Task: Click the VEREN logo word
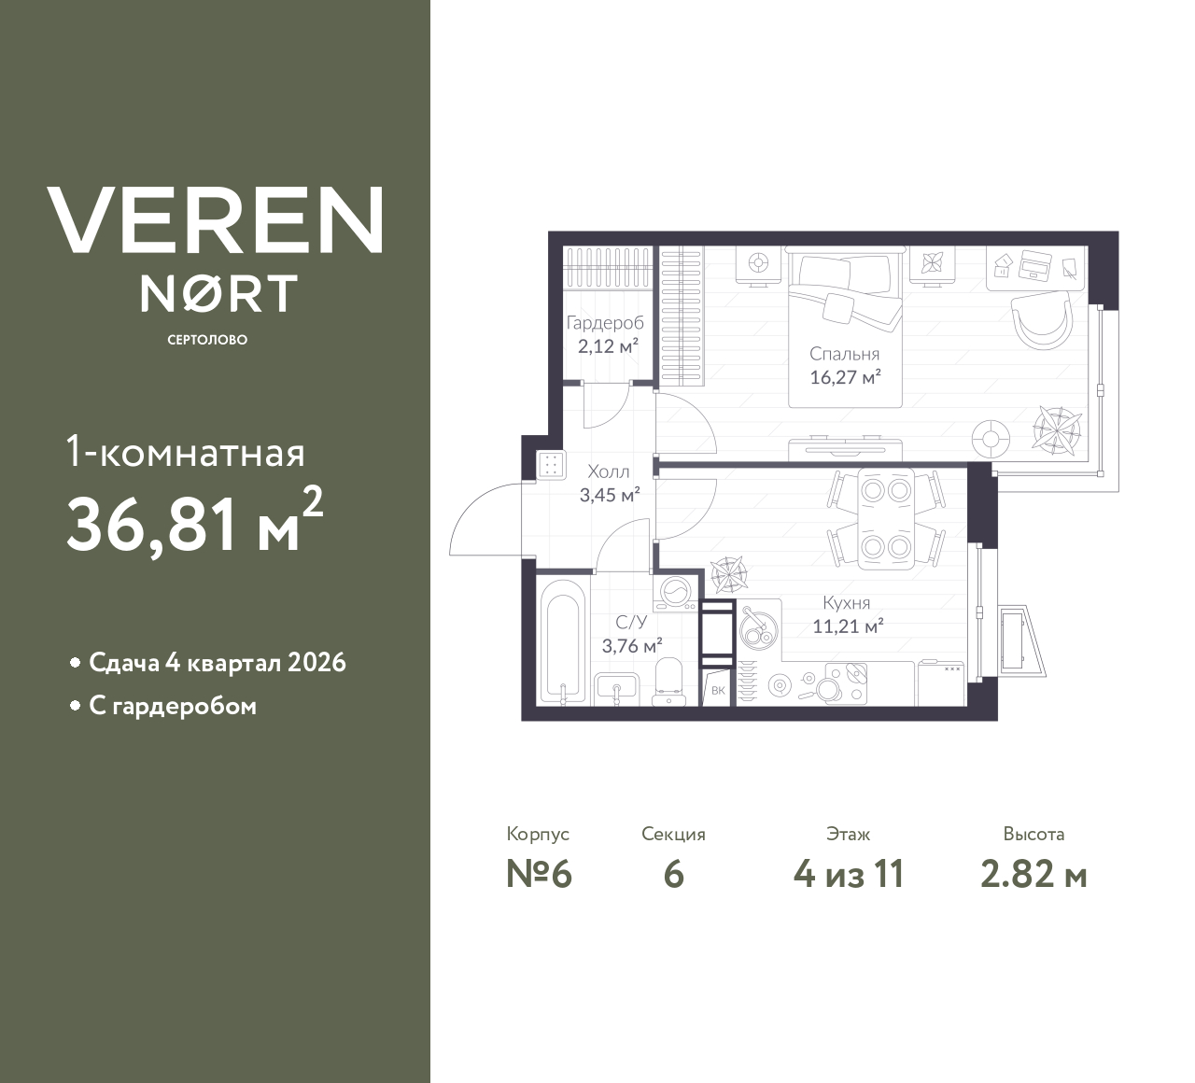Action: tap(215, 220)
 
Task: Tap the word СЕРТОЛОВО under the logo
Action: tap(207, 340)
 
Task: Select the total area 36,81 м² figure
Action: tap(194, 525)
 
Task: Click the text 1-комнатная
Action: tap(186, 454)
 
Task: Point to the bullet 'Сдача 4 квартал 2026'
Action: tap(217, 663)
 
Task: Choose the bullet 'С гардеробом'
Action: tap(172, 706)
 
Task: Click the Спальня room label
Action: tap(844, 355)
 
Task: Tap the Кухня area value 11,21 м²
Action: tap(848, 626)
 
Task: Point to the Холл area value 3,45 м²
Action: tap(609, 495)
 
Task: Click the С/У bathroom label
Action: tap(631, 622)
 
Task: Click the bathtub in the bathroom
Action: tap(563, 642)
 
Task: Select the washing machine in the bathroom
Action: tap(676, 594)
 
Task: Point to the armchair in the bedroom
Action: tap(1042, 319)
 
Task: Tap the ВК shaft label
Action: tap(717, 691)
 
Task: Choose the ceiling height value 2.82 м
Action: tap(1033, 875)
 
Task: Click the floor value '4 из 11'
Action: tap(848, 875)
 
